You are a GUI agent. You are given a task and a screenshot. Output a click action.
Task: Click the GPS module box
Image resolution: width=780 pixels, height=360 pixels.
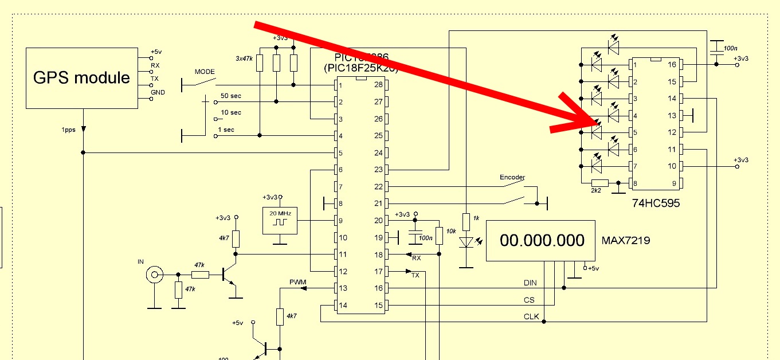click(81, 78)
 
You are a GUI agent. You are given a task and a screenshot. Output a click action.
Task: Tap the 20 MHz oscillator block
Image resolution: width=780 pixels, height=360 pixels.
click(280, 220)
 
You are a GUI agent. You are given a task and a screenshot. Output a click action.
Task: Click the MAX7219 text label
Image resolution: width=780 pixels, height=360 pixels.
click(625, 241)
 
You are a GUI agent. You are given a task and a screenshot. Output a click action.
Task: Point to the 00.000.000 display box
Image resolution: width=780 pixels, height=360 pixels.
click(542, 241)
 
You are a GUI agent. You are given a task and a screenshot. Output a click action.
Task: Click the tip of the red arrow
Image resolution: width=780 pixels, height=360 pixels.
click(596, 121)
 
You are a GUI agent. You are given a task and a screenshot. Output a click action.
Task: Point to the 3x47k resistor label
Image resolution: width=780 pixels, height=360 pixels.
click(245, 58)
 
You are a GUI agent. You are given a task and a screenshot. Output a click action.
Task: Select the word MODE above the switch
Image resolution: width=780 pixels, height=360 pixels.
click(205, 72)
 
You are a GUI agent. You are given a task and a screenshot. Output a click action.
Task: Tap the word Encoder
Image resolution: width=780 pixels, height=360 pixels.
click(512, 177)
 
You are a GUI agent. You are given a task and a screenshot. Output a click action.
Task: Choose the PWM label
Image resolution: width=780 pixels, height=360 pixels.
click(298, 281)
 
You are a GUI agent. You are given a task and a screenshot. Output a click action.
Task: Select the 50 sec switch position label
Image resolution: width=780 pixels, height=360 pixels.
click(231, 95)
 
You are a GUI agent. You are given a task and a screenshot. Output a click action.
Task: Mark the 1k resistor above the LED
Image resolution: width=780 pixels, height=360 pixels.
click(467, 219)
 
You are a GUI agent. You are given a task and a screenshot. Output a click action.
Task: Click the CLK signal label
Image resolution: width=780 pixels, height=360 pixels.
click(531, 316)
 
